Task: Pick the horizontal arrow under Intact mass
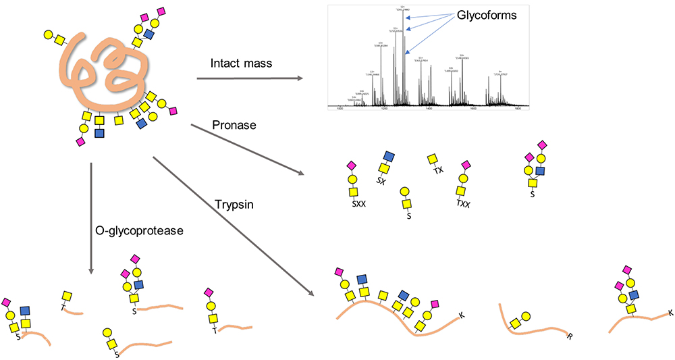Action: (250, 79)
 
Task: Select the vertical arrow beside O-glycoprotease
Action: (90, 216)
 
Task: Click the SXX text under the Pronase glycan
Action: (358, 202)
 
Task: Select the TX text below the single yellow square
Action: (438, 172)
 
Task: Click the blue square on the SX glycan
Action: (389, 157)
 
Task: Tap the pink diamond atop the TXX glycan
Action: (464, 165)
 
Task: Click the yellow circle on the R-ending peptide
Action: (525, 316)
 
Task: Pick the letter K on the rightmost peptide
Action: (670, 313)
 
